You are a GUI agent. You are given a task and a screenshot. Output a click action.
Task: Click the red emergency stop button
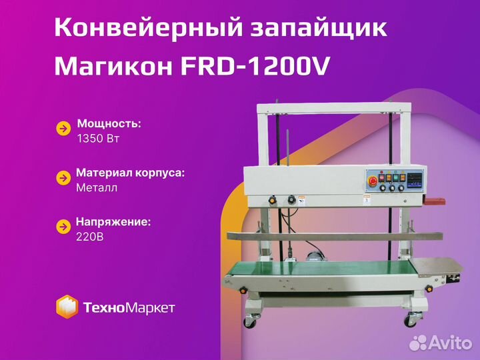[x=373, y=181]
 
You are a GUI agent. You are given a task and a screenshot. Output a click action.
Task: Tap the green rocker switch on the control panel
[x=396, y=177]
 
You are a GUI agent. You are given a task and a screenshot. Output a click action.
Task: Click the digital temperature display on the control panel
[x=415, y=180]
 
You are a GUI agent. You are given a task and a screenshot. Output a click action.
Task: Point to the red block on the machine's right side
[x=435, y=201]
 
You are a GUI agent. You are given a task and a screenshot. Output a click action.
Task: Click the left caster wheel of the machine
[x=250, y=321]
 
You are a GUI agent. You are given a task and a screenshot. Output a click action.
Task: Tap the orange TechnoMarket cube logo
[x=67, y=307]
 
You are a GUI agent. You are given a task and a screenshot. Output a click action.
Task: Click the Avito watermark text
[x=451, y=343]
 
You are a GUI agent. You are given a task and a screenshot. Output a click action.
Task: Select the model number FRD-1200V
[x=255, y=67]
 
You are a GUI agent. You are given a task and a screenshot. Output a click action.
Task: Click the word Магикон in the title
[x=113, y=67]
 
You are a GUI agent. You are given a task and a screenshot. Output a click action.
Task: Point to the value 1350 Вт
[x=98, y=139]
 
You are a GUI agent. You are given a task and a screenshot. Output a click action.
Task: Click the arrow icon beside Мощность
[x=64, y=129]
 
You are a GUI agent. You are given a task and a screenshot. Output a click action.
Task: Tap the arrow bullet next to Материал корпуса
[x=64, y=178]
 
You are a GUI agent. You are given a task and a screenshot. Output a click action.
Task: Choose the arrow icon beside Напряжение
[x=64, y=227]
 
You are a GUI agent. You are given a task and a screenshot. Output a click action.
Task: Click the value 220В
[x=90, y=237]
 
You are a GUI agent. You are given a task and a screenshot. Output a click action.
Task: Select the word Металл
[x=97, y=187]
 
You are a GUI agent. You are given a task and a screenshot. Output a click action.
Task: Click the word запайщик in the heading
[x=319, y=29]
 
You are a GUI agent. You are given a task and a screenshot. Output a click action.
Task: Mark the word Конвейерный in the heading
[x=149, y=27]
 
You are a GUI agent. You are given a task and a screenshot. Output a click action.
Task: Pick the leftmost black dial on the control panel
[x=383, y=188]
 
